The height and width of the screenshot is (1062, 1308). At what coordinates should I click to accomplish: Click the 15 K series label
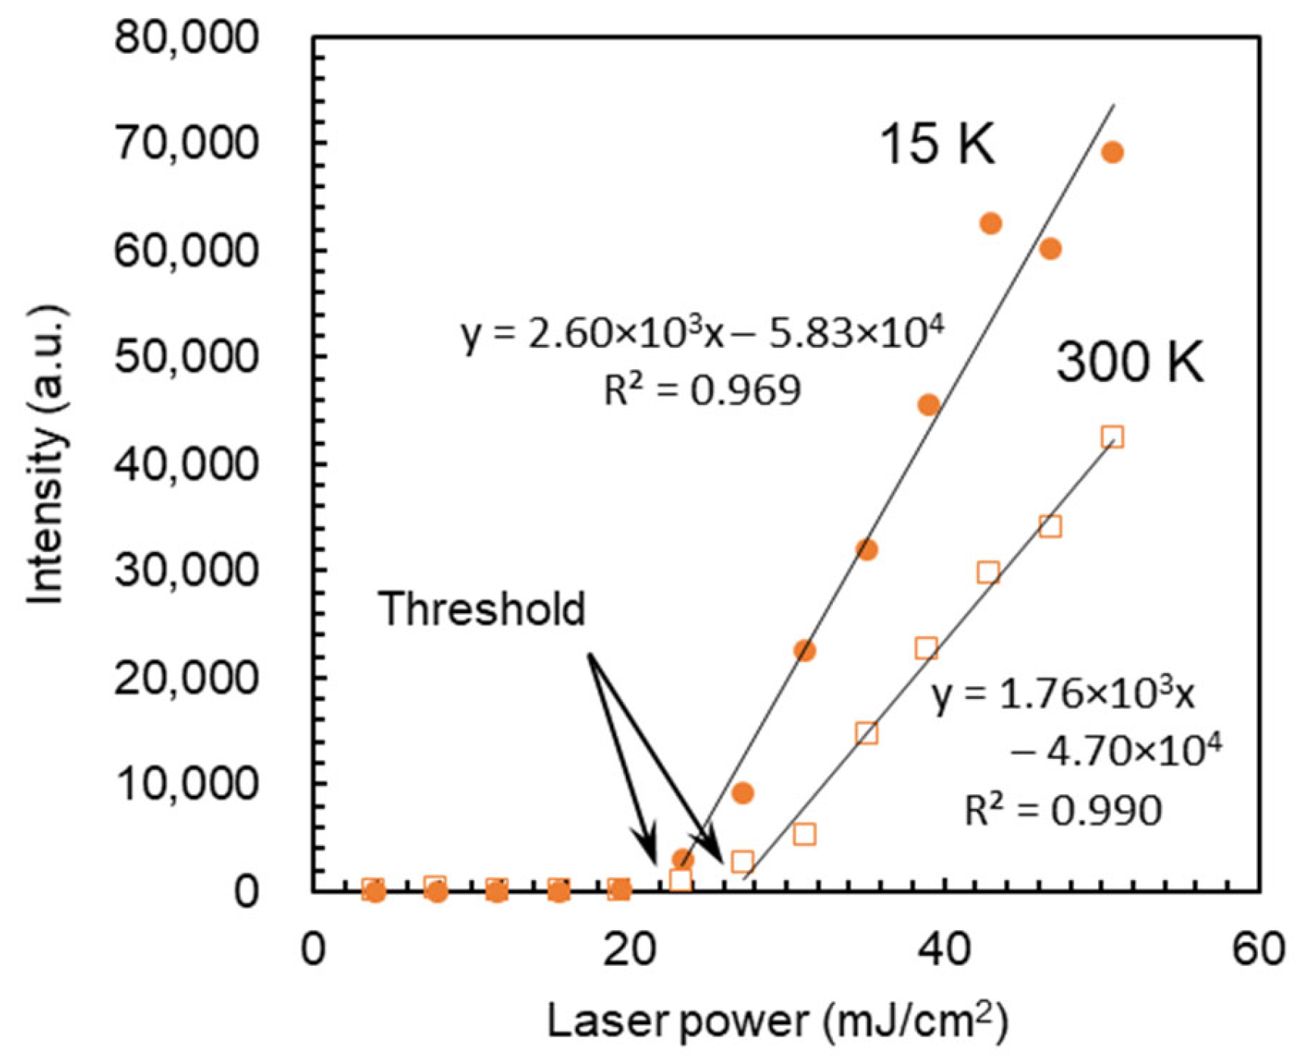coord(937,144)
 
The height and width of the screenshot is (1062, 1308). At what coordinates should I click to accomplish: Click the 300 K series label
coord(1129,362)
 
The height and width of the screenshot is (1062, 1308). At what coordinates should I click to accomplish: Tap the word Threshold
coord(482,609)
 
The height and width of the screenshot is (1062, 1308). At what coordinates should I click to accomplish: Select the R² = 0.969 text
coord(702,391)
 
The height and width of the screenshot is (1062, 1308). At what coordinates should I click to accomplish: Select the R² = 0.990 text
coord(1062,810)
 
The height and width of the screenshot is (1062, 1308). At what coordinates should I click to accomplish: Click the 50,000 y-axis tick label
coord(186,356)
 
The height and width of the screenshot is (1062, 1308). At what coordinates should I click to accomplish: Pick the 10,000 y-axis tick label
coord(186,783)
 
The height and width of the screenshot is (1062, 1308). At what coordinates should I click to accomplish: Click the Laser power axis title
coord(778,1020)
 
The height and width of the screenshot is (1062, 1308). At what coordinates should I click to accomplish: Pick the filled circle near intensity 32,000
coord(867,550)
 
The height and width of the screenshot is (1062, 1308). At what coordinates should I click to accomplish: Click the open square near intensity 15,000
coord(867,733)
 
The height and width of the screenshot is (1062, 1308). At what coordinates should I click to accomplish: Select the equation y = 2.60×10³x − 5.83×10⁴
coord(702,334)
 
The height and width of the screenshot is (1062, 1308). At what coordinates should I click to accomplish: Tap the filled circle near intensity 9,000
coord(743,793)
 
